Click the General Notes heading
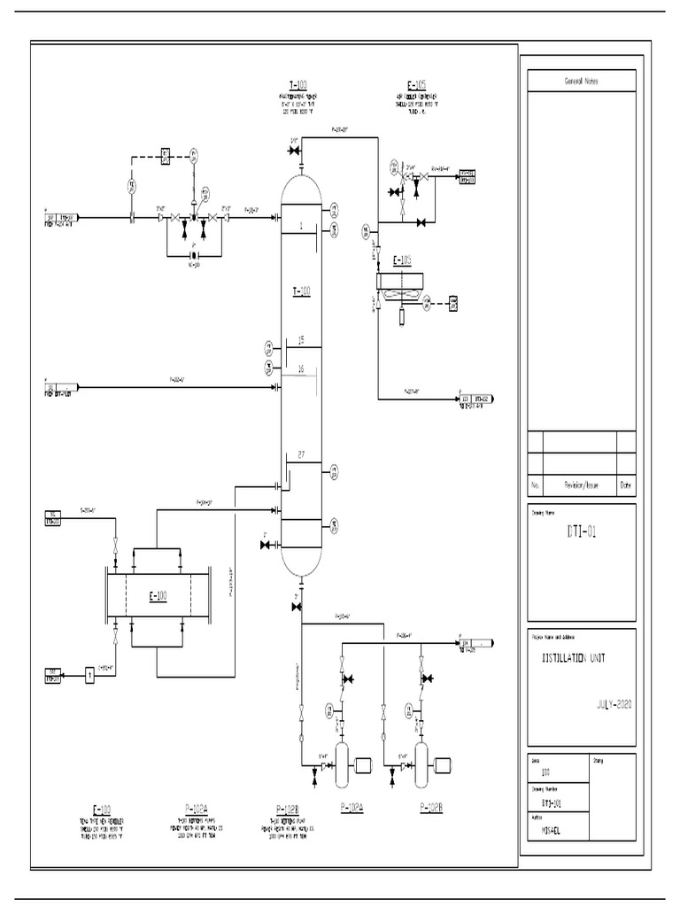click(582, 81)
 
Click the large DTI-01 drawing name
click(580, 531)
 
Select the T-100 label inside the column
click(301, 291)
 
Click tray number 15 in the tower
click(301, 340)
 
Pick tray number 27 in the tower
click(301, 455)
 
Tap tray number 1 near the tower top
click(301, 226)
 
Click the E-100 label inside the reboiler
click(157, 596)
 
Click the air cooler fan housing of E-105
click(403, 282)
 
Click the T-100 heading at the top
click(301, 86)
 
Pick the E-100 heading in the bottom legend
click(102, 809)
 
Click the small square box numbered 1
click(90, 678)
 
